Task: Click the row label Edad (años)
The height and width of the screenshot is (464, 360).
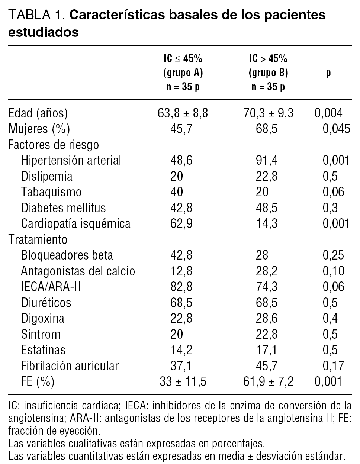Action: (38, 113)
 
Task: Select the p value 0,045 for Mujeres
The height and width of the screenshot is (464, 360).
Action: (336, 129)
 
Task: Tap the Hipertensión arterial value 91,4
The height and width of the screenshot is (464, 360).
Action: (266, 160)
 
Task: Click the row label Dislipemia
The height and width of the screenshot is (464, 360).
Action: (46, 176)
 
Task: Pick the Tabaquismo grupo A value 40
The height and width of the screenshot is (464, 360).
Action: (177, 192)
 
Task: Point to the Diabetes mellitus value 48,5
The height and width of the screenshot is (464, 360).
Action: (266, 208)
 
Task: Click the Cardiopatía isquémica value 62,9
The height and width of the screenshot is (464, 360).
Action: (181, 223)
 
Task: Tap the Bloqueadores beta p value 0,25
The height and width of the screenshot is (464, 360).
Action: (334, 255)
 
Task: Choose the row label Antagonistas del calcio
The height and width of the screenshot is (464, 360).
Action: (78, 271)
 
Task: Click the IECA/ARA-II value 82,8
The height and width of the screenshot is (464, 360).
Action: (181, 287)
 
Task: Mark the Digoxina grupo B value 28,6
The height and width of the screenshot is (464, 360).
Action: (266, 318)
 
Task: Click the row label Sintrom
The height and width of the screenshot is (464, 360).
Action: (41, 334)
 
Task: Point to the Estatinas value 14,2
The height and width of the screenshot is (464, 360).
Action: (181, 350)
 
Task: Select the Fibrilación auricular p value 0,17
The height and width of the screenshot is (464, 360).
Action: (334, 365)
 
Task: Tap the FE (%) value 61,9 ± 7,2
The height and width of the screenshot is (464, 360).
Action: (269, 381)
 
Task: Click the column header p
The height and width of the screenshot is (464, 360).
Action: (328, 73)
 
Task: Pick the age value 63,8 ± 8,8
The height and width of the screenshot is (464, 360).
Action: (183, 113)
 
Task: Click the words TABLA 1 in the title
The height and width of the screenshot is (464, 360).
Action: (37, 15)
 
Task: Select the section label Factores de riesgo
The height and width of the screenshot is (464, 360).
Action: (54, 145)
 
